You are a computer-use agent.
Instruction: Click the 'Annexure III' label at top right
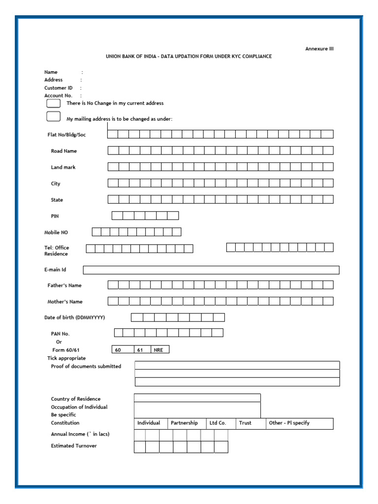pos(319,49)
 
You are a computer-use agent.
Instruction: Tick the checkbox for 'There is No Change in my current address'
pos(53,103)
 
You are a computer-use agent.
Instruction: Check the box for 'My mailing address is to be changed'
pos(53,117)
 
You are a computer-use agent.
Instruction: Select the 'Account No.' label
pos(58,95)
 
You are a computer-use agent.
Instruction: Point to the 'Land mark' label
pos(63,167)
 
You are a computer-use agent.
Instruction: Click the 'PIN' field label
pos(55,216)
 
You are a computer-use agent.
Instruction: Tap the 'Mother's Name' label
pos(65,302)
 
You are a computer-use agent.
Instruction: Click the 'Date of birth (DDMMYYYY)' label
pos(74,317)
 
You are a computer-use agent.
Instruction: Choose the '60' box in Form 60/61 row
pos(123,350)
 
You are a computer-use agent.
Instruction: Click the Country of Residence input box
pos(197,398)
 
